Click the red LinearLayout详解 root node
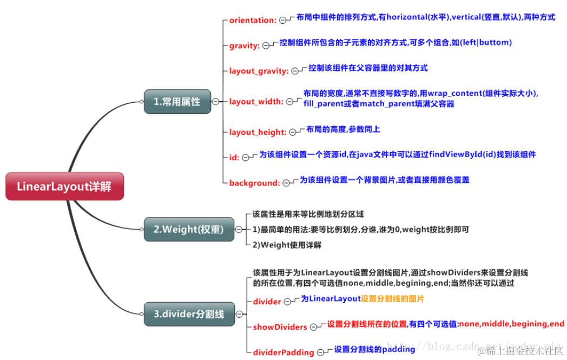point(64,187)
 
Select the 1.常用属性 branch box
point(177,101)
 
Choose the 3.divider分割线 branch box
point(189,314)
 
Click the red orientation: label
point(253,21)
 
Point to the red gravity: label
point(245,46)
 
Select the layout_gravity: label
point(259,71)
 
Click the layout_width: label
point(256,101)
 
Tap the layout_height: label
point(258,132)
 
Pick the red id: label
point(234,157)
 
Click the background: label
point(254,183)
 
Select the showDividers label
point(280,327)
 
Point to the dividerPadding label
point(283,352)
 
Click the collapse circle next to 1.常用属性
point(216,101)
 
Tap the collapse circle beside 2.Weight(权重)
point(239,229)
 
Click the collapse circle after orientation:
point(282,21)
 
